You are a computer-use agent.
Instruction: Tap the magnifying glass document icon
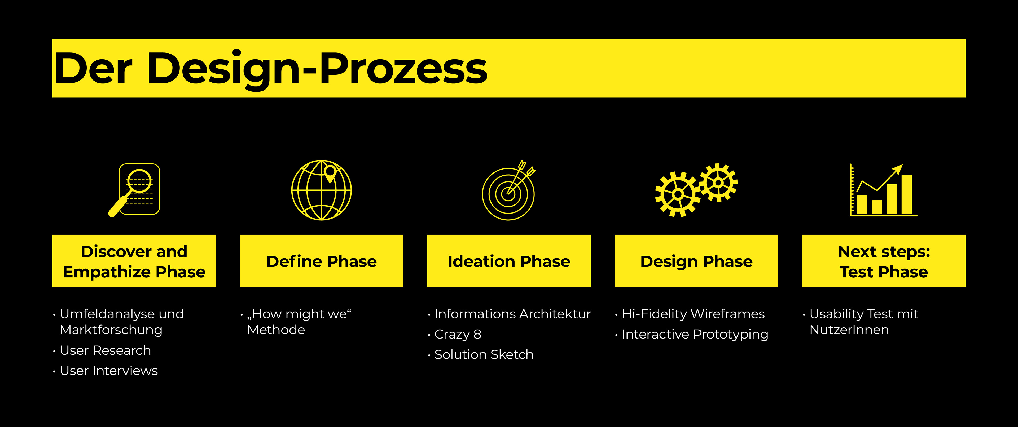(134, 190)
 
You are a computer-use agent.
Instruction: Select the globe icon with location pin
(322, 190)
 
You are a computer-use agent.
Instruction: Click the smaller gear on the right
(718, 183)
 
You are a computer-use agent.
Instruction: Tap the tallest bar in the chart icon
(907, 194)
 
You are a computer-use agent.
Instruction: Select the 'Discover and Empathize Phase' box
(134, 261)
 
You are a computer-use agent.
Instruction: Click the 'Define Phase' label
(322, 261)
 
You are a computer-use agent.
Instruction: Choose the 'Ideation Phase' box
(509, 261)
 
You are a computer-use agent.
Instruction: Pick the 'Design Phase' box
(696, 261)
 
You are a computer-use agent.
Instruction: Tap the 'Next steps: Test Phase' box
(884, 261)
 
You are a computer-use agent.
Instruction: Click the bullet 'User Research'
(102, 350)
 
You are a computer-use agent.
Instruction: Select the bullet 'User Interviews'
(105, 371)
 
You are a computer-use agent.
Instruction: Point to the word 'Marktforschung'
(111, 330)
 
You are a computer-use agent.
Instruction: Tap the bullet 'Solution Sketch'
(481, 355)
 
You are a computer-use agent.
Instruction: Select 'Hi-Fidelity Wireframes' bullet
(690, 314)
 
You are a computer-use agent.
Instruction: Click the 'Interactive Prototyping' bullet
(692, 335)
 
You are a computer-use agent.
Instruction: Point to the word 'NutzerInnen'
(849, 330)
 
